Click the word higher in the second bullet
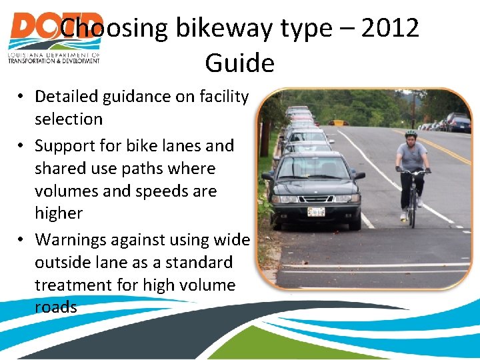tap(59, 213)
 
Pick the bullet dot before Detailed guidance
tap(22, 97)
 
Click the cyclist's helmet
tap(411, 134)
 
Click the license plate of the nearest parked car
tap(316, 212)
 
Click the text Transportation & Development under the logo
tap(53, 60)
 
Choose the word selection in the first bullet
tap(69, 119)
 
